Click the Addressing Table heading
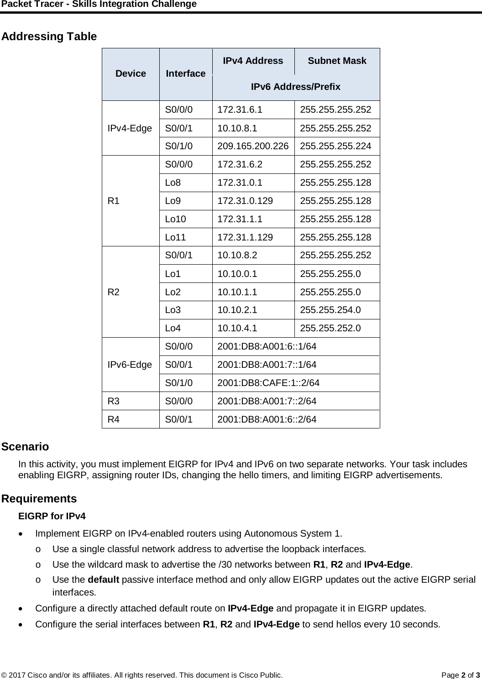(x=49, y=37)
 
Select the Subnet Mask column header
(x=337, y=61)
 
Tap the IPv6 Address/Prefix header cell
(x=295, y=87)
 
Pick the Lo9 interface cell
(x=173, y=201)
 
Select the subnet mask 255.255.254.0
(x=330, y=310)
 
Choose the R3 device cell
(x=114, y=401)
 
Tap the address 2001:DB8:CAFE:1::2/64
(x=268, y=383)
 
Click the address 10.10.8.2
(x=237, y=256)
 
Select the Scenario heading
(x=25, y=446)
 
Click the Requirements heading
(x=39, y=498)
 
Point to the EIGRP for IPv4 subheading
(x=52, y=517)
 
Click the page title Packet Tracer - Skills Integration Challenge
(x=99, y=5)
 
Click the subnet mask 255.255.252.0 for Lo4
(x=330, y=328)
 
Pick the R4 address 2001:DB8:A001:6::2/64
(x=267, y=419)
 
